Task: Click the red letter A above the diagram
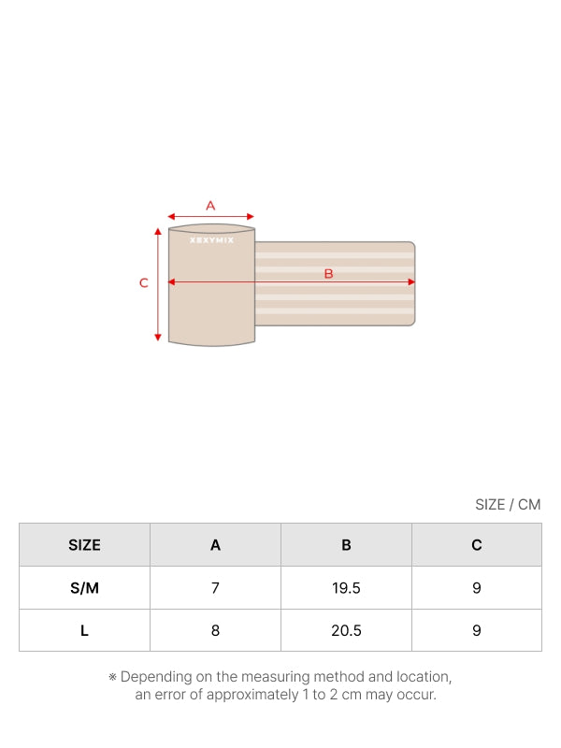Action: pos(210,206)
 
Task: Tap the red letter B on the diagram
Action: pos(328,274)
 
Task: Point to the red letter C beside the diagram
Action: pos(144,283)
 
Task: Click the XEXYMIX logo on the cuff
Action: pos(212,240)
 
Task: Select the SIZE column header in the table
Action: pos(84,545)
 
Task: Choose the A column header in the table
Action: pos(216,545)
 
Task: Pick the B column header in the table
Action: pos(346,545)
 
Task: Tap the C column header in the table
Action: pos(477,545)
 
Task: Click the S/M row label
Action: pos(84,588)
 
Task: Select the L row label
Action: pos(84,630)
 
